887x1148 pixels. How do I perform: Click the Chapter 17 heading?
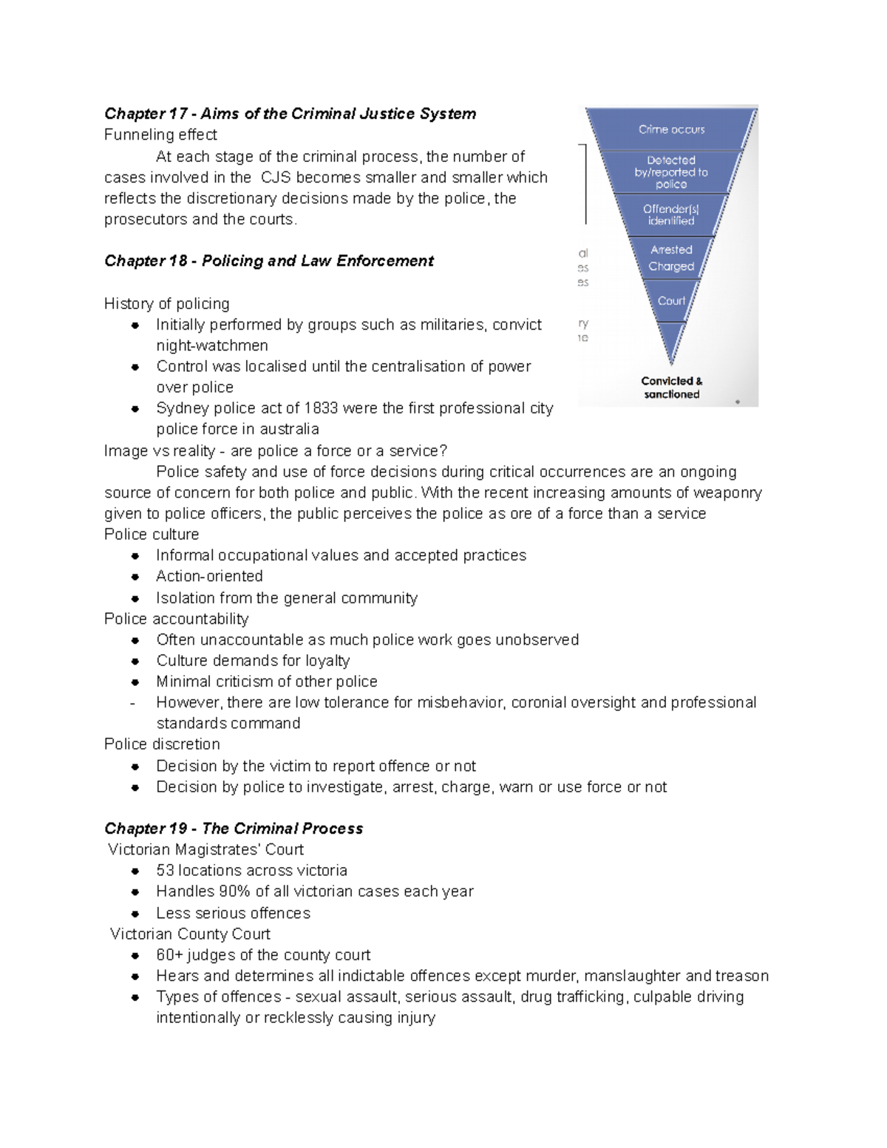coord(290,114)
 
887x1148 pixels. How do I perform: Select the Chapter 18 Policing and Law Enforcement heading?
coord(268,261)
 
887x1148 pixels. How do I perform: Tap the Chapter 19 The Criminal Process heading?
coord(234,829)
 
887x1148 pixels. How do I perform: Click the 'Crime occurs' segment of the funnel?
coord(671,129)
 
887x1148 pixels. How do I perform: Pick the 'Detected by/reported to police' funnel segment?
coord(671,172)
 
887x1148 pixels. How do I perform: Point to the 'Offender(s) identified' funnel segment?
coord(671,215)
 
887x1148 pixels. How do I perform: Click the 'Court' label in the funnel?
coord(671,301)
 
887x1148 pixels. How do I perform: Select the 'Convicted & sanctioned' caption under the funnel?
coord(671,387)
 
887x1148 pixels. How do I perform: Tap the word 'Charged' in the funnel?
coord(671,267)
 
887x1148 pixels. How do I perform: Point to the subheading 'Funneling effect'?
coord(160,135)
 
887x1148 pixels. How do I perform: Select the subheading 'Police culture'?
coord(152,534)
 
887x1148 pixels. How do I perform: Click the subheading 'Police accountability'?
coord(176,619)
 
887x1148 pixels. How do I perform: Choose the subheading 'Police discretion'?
coord(162,744)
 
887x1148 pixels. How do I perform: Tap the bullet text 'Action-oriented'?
coord(209,577)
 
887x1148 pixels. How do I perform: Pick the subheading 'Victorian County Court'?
coord(190,934)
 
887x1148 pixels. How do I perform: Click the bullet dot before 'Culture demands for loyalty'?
coord(135,662)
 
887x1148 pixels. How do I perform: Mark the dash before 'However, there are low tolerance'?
coord(132,703)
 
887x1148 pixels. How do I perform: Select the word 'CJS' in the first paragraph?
coord(276,178)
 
